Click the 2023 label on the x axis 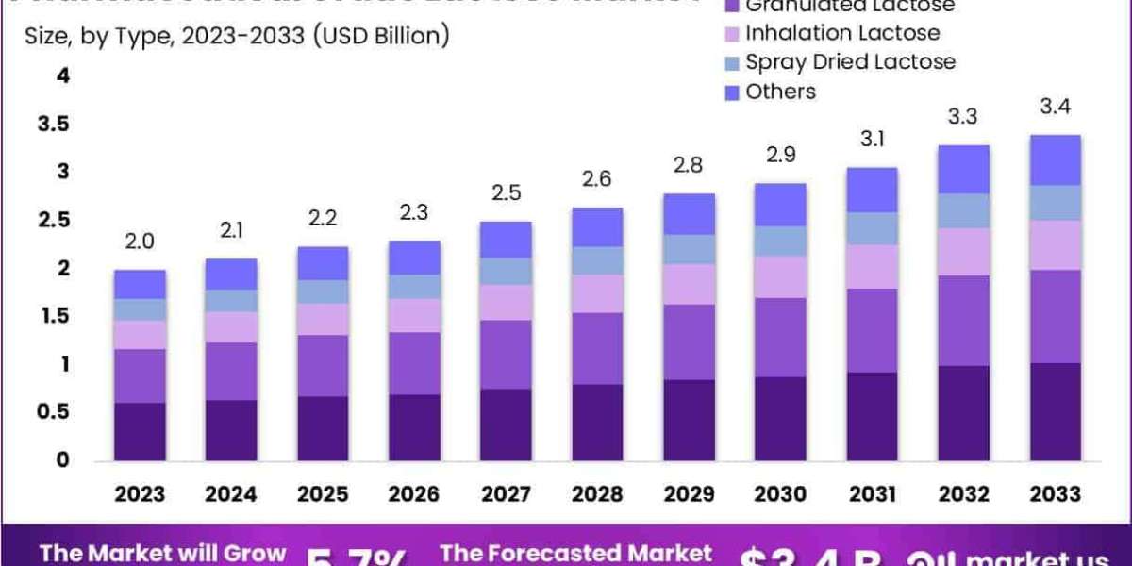pos(140,494)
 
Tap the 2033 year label pos(1055,494)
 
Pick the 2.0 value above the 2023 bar pos(140,242)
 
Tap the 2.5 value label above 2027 pos(506,194)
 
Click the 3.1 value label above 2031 pos(872,141)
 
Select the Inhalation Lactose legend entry pos(841,33)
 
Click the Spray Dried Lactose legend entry pos(849,62)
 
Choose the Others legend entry pos(779,92)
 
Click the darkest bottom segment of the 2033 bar pos(1055,411)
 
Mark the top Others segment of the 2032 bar pos(963,170)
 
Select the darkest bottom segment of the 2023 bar pos(140,431)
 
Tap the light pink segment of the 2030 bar pos(780,276)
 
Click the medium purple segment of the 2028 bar pos(597,348)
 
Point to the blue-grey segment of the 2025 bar pos(323,291)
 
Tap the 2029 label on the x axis pos(689,494)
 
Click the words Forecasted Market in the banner pos(575,552)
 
